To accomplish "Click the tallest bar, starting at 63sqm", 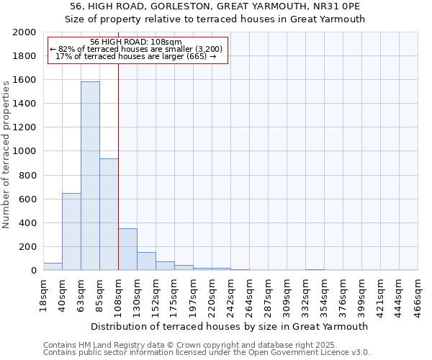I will coord(90,176).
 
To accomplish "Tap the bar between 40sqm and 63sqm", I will coord(71,232).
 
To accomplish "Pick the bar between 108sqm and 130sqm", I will coord(127,249).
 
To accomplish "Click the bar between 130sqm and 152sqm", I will coord(146,261).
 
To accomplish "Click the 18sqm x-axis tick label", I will coord(43,292).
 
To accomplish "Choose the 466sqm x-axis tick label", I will coord(418,292).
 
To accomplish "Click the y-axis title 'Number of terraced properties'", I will coord(6,152).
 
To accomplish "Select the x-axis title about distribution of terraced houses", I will coord(230,326).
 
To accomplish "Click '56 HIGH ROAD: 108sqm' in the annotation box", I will coord(137,42).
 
